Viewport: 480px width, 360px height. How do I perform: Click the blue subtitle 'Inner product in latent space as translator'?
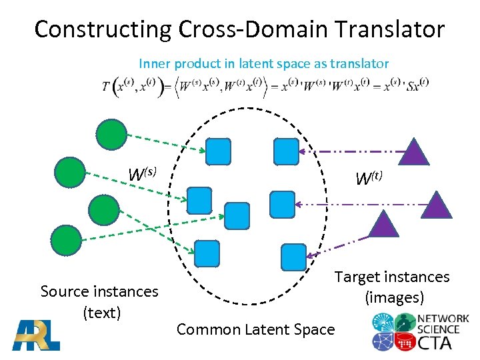[x=263, y=64]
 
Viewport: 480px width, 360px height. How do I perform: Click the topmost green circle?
[x=110, y=133]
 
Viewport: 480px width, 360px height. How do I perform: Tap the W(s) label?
[x=142, y=174]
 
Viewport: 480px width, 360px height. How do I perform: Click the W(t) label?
[x=369, y=179]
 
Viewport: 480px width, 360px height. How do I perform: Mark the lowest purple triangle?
[x=383, y=225]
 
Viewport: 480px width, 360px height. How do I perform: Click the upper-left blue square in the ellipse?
[x=218, y=151]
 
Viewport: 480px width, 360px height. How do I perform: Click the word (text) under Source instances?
[x=101, y=312]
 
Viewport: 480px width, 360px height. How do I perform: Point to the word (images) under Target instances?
[x=394, y=297]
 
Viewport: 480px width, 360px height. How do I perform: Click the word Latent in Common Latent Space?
[x=255, y=329]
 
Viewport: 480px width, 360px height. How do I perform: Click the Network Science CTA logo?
[x=419, y=331]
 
